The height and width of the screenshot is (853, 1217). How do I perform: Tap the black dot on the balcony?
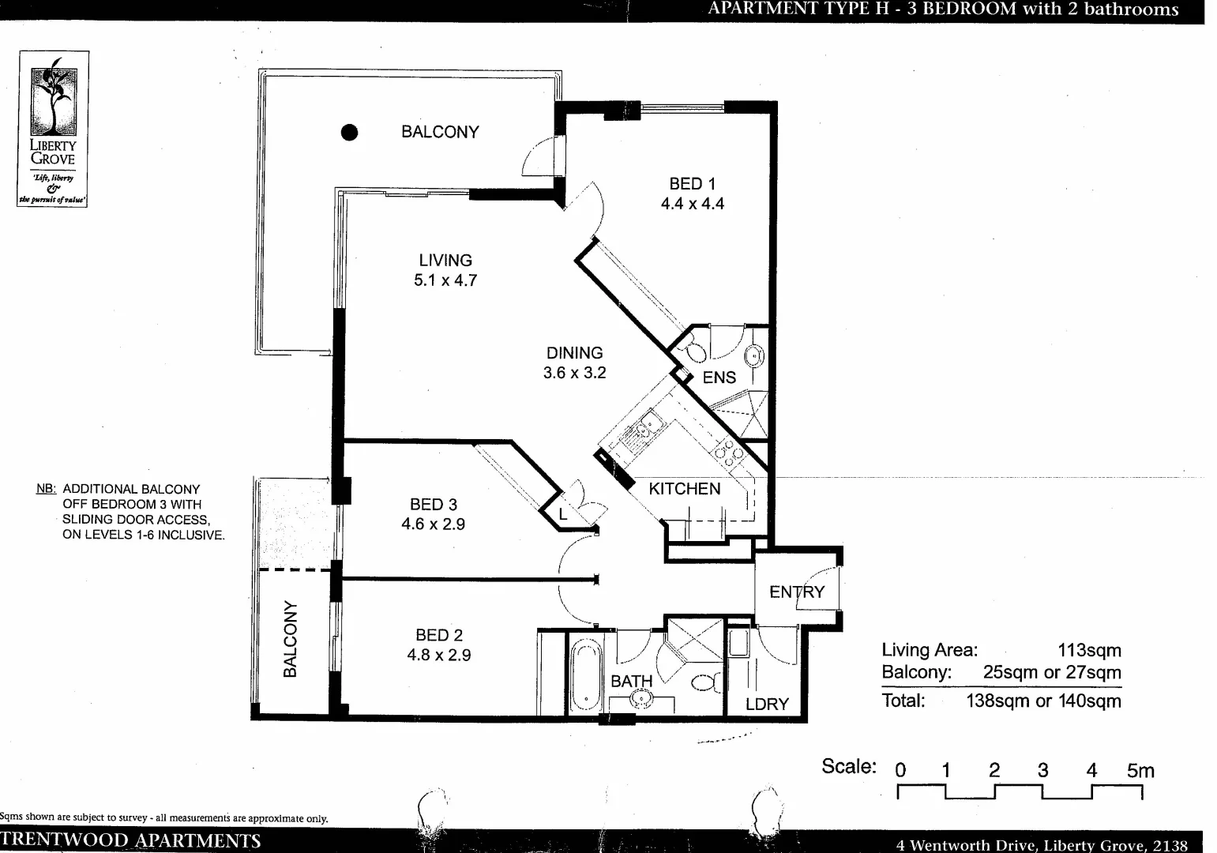tap(349, 133)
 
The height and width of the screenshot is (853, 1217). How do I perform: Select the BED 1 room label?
tap(692, 184)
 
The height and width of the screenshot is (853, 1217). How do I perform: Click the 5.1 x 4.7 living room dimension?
tap(445, 280)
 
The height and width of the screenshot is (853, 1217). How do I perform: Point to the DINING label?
tap(574, 353)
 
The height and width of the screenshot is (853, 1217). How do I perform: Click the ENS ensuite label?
tap(719, 378)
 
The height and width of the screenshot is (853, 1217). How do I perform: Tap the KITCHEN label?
tap(684, 489)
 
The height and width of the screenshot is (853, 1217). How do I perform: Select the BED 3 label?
tap(433, 504)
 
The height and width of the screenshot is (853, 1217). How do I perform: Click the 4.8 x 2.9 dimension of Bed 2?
tap(439, 655)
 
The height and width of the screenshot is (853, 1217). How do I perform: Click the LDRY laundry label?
tap(767, 704)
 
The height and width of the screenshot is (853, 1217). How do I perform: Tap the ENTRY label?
tap(797, 592)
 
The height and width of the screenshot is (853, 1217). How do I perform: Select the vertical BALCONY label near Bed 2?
tap(291, 639)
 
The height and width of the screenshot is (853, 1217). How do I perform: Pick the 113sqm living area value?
tap(1089, 651)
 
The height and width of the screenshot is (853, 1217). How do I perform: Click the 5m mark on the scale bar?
tap(1140, 771)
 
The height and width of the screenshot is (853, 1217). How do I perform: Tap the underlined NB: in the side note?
tap(47, 490)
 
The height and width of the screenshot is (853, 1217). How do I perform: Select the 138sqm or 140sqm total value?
tap(1042, 701)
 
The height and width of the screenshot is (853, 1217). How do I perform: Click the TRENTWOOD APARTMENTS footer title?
tap(131, 840)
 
